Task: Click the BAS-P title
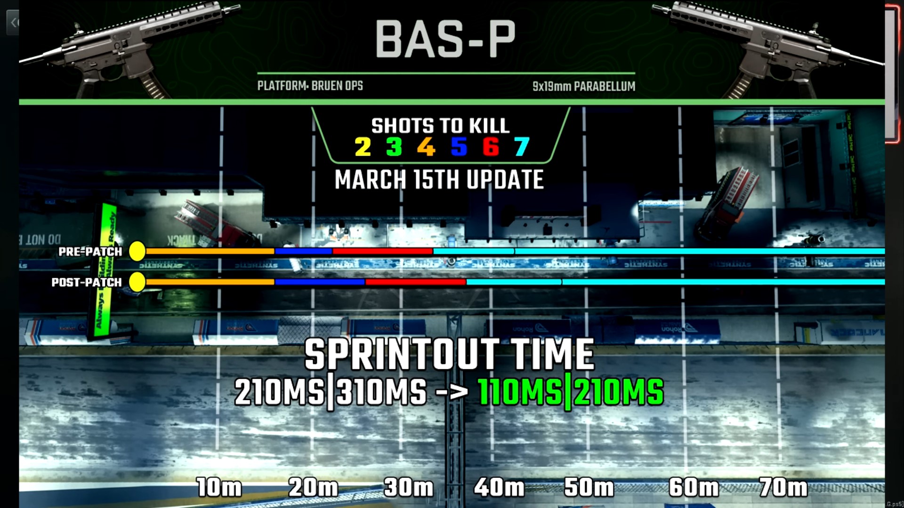445,40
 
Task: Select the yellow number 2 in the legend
363,147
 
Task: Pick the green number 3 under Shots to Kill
394,147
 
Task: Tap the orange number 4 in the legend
426,147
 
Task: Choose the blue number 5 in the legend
459,147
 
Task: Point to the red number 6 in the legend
491,147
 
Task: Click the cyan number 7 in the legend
522,147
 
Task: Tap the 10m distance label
219,487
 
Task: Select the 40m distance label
499,487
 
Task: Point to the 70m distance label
783,487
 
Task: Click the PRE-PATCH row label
90,252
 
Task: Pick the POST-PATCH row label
87,282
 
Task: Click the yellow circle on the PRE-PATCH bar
137,252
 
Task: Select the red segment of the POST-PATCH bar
416,282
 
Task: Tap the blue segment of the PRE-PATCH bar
304,252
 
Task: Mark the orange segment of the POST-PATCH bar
210,282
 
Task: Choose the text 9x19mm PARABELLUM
584,86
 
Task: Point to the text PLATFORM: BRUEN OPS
310,86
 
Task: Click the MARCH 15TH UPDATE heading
439,180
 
